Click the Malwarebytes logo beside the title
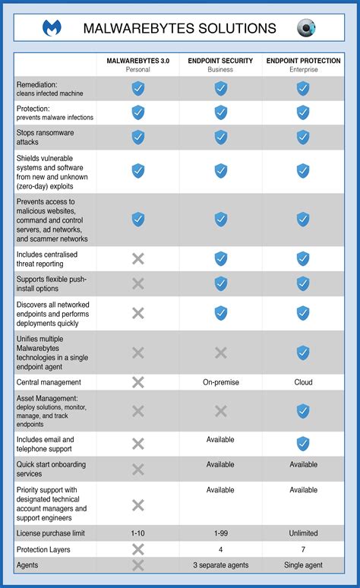point(52,28)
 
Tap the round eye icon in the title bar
point(306,28)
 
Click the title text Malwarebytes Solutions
point(179,29)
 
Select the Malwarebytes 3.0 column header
point(138,65)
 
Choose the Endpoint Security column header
point(220,65)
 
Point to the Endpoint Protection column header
point(303,65)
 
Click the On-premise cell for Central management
point(220,382)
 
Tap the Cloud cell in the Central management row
point(303,382)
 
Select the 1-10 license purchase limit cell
point(138,533)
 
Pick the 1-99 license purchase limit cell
point(220,533)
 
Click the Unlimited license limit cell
point(303,533)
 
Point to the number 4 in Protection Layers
point(220,548)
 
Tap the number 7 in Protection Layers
point(303,548)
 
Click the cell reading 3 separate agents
point(220,565)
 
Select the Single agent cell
point(303,565)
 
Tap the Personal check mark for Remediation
point(138,89)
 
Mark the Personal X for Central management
point(138,382)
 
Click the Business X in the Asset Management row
point(220,411)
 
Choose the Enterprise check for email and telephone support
point(303,444)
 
